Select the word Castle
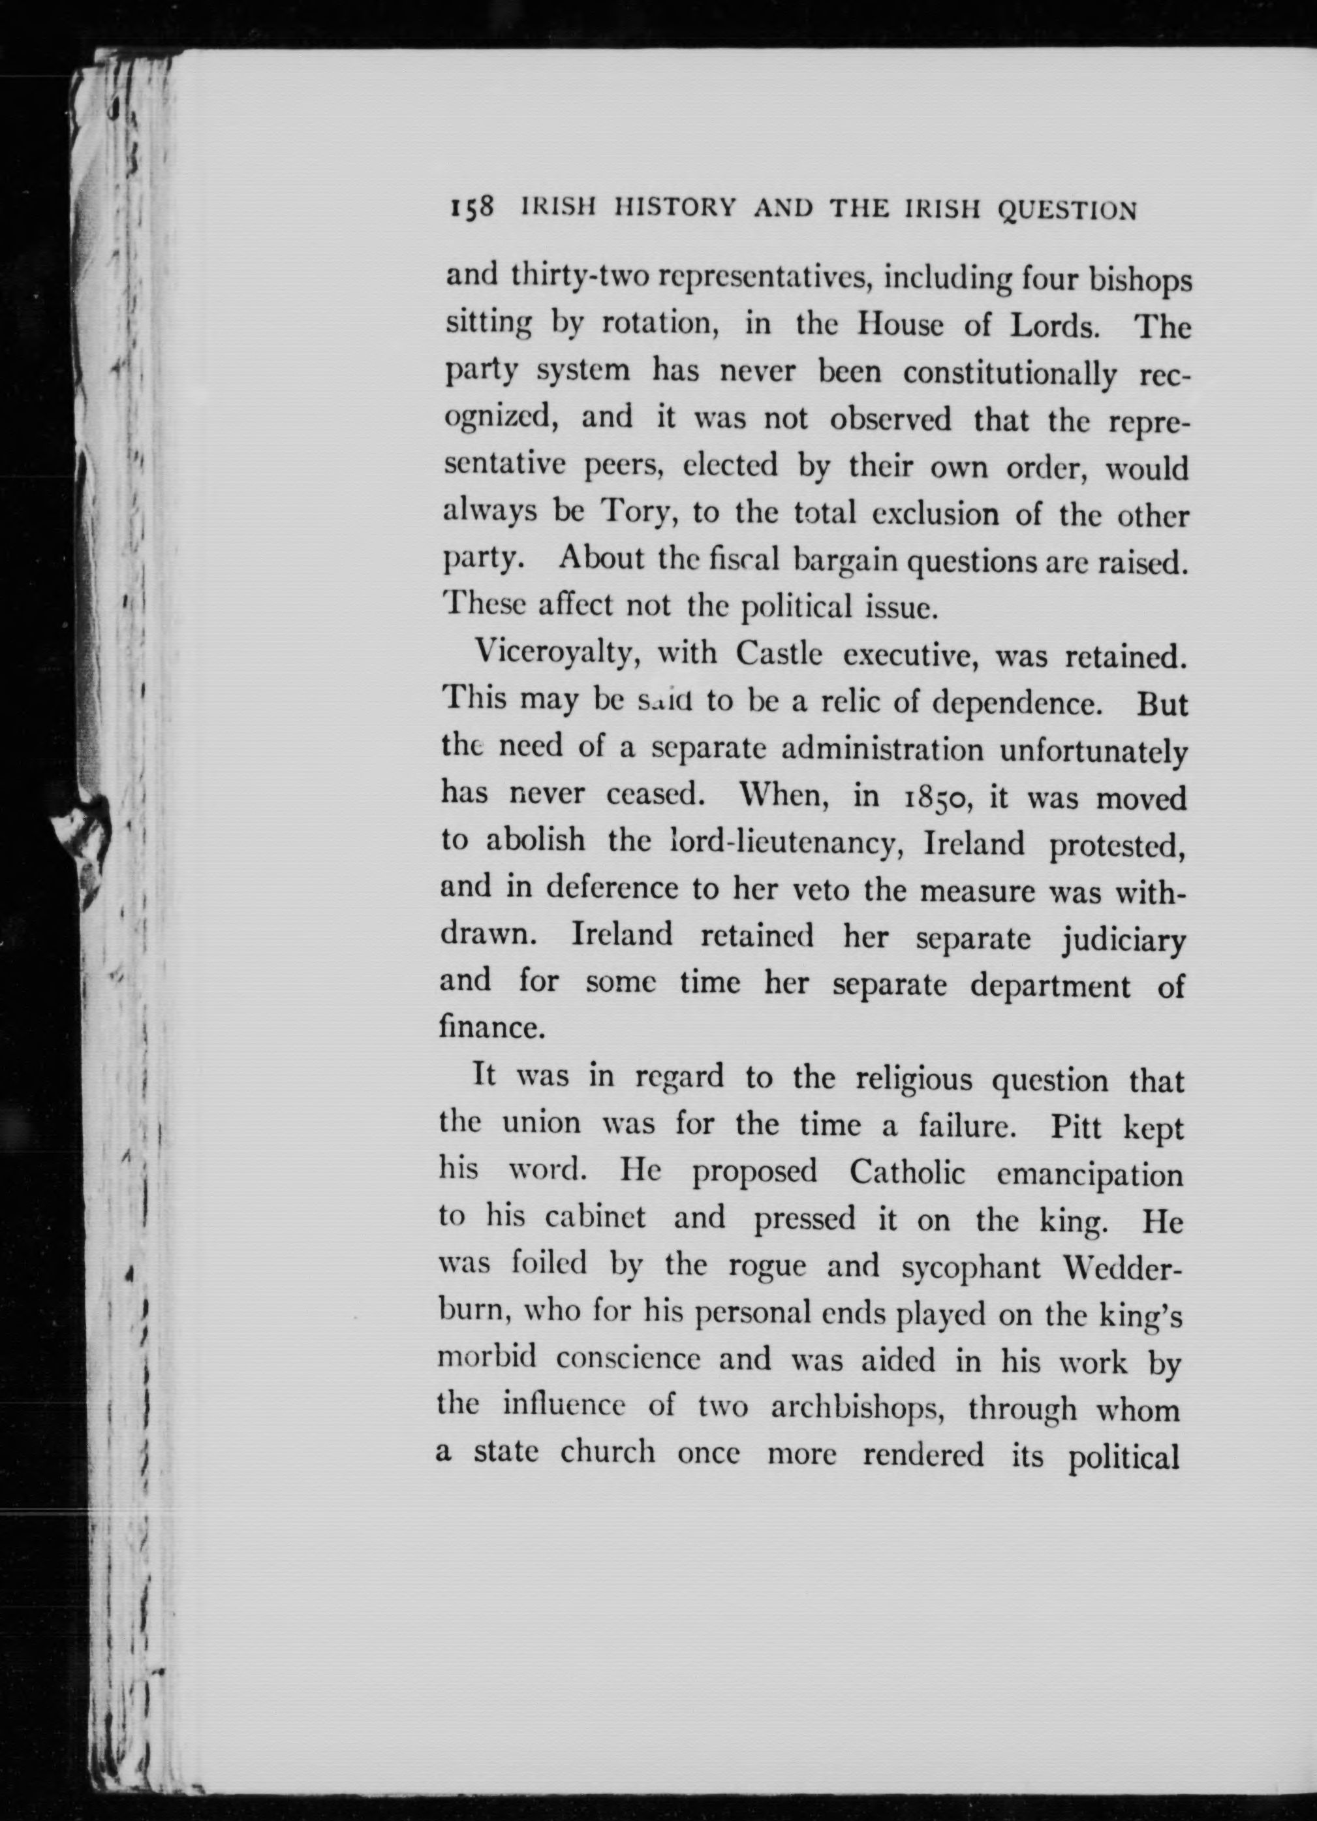pyautogui.click(x=779, y=654)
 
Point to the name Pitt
pyautogui.click(x=1076, y=1128)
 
